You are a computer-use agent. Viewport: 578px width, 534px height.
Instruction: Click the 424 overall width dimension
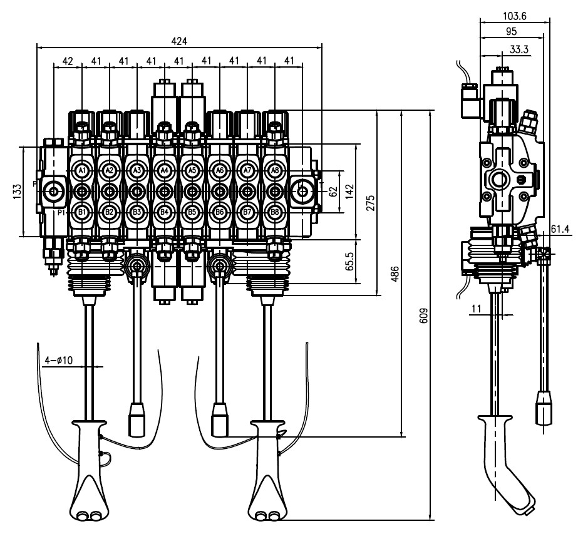click(179, 41)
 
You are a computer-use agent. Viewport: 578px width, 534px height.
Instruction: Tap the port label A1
click(82, 170)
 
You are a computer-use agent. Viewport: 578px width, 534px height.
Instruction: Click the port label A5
click(192, 170)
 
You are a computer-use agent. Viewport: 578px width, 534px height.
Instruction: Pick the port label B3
click(137, 212)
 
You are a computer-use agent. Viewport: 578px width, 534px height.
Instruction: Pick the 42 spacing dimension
click(68, 61)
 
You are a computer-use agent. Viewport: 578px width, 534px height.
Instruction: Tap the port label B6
click(219, 212)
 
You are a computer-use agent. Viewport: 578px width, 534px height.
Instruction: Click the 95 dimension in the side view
click(510, 31)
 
